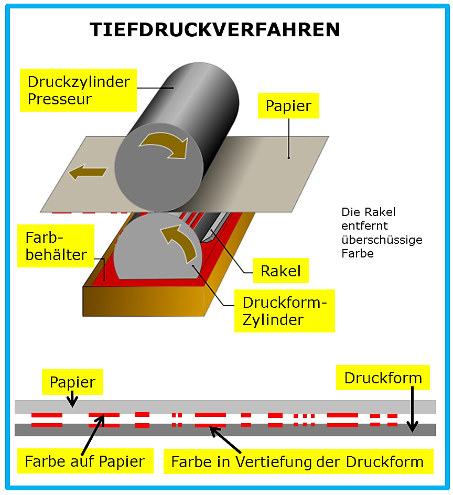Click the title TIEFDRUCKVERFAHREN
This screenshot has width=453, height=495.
point(214,30)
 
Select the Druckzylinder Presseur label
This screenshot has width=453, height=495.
point(78,90)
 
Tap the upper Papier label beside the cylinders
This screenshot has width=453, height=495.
point(288,106)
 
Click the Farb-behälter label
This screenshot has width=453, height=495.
point(56,246)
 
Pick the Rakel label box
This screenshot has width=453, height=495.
point(281,271)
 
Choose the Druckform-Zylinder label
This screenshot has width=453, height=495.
point(284,311)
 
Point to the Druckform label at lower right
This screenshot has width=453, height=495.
point(383,378)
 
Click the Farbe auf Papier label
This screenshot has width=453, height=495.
point(85,461)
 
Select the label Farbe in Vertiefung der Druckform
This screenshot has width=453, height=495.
point(298,461)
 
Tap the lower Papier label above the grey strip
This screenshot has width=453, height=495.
point(72,382)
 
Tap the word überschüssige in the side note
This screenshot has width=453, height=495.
point(382,240)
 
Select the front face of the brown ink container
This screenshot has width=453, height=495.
point(143,301)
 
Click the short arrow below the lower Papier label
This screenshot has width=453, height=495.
point(72,399)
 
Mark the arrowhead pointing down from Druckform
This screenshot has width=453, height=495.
point(412,426)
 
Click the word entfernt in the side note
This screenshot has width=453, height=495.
point(364,225)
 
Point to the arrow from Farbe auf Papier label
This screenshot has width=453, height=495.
point(93,435)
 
